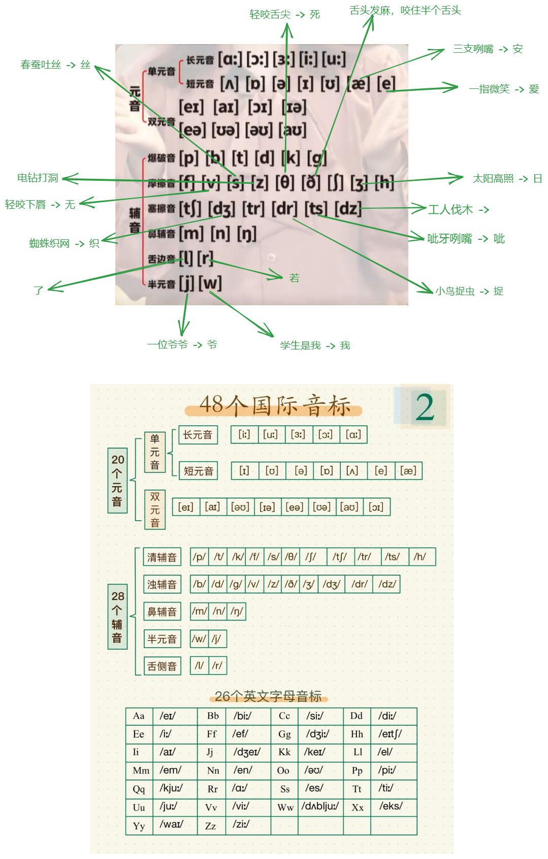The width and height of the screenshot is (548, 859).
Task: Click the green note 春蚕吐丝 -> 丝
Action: click(x=55, y=65)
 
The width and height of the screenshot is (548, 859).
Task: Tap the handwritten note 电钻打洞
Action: click(x=38, y=178)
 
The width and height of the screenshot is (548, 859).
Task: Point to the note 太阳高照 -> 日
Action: click(x=507, y=179)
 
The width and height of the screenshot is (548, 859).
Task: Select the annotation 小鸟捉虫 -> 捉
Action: click(x=469, y=292)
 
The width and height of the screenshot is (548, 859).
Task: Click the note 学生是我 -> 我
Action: click(x=315, y=346)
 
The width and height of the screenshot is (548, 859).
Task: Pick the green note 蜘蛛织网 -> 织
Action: click(x=64, y=244)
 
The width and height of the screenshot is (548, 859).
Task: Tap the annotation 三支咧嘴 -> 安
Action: click(x=488, y=49)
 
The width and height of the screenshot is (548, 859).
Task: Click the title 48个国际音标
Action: click(x=274, y=406)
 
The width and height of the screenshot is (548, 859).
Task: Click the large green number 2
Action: click(x=425, y=407)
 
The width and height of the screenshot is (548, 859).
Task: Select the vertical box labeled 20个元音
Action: click(x=117, y=481)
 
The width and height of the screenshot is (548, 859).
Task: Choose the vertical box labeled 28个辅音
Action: click(x=117, y=617)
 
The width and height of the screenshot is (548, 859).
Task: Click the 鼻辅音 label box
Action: click(x=162, y=612)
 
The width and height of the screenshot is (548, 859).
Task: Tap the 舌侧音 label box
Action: click(x=162, y=666)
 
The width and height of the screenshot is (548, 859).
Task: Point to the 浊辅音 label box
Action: click(x=162, y=584)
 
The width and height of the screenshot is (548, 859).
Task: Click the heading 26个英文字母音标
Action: click(x=268, y=696)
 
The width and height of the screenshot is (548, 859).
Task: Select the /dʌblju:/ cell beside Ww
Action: click(x=320, y=807)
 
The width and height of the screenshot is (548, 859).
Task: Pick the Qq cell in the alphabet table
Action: click(x=139, y=789)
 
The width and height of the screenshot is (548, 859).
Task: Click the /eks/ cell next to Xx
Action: click(x=391, y=806)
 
